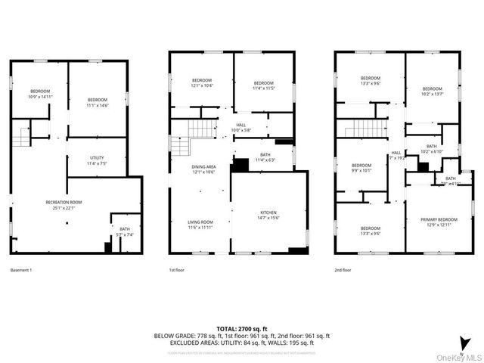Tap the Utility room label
97,160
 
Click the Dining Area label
203,169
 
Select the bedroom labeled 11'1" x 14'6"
98,102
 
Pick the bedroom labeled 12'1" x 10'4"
202,82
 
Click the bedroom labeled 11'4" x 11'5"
263,85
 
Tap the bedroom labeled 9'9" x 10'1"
361,167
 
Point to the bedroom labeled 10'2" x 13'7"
432,91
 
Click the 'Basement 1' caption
21,269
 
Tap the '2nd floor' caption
343,269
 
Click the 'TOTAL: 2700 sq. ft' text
242,328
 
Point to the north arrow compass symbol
463,341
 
